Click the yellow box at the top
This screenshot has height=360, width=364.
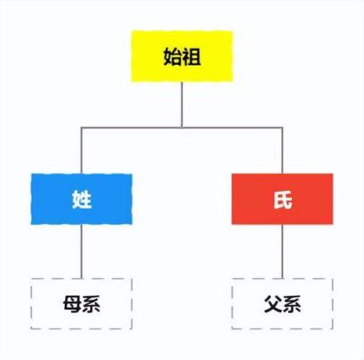182,56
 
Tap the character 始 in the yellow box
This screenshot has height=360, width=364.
172,57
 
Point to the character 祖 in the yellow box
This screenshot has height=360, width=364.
191,57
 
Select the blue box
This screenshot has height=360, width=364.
81,199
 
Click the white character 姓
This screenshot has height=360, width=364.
82,199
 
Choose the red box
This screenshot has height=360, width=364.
282,199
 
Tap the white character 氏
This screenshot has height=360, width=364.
283,199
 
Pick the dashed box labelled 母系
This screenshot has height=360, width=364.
81,303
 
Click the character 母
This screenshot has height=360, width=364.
72,304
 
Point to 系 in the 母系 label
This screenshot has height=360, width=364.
91,304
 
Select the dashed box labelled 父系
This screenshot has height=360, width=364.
282,303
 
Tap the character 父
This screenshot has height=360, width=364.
273,304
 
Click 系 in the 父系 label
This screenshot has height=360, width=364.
291,304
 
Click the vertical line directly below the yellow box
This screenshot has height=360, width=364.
182,104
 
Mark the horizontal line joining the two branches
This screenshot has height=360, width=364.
182,128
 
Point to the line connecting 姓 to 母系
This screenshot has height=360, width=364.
81,251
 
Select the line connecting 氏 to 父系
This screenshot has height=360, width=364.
282,251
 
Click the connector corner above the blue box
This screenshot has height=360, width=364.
81,128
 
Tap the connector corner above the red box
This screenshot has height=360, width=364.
282,128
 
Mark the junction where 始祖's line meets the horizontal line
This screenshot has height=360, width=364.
182,128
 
